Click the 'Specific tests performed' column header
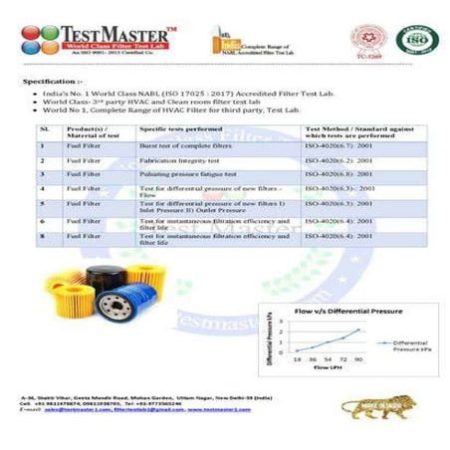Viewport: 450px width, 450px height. [179, 128]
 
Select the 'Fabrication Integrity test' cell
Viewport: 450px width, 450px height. [179, 160]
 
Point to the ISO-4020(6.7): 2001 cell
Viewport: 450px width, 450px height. [338, 146]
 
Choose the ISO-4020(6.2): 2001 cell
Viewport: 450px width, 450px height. [338, 160]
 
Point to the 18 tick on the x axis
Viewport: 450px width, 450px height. [296, 358]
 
